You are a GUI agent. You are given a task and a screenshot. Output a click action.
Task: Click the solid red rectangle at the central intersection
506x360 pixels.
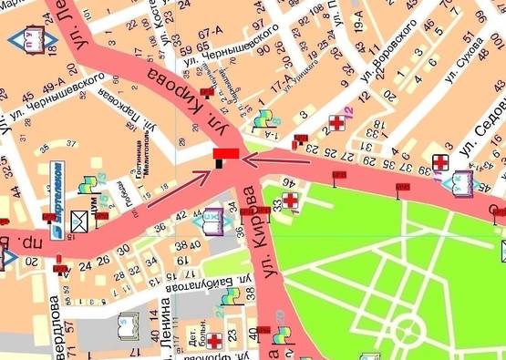point(225,154)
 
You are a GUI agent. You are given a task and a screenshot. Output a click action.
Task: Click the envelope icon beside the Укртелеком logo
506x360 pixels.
point(80,219)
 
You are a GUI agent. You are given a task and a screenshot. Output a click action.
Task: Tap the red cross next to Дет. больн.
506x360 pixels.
point(215,341)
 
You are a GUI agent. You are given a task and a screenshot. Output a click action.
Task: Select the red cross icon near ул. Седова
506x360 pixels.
point(439,162)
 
